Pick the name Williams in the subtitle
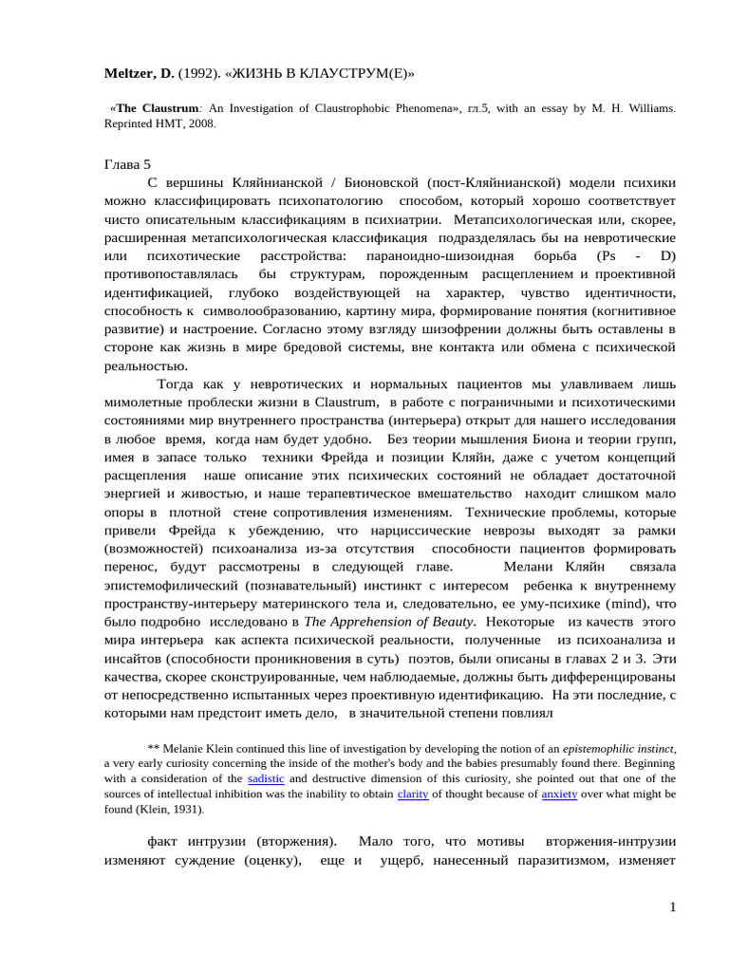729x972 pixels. click(646, 109)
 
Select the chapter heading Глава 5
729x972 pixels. click(126, 164)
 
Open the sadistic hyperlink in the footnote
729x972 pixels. click(266, 779)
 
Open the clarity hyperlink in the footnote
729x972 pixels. click(413, 794)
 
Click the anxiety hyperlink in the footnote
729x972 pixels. click(559, 794)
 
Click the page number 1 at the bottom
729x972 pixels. click(672, 907)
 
